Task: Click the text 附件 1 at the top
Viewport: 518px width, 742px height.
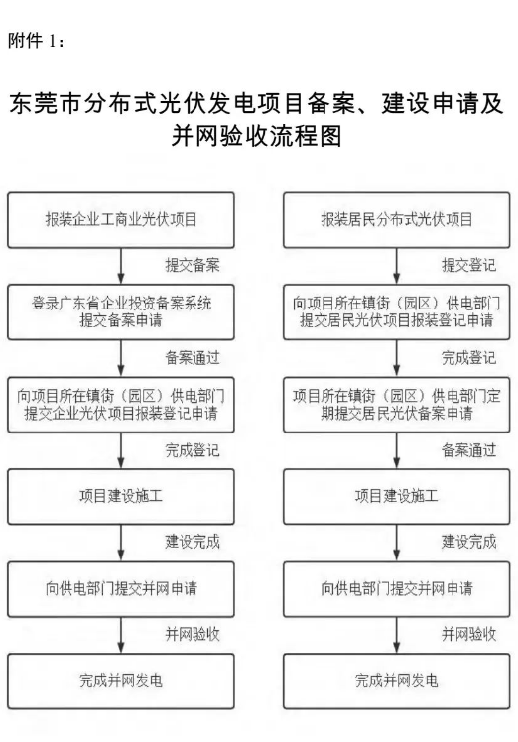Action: click(x=32, y=41)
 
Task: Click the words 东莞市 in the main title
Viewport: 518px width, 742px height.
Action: click(x=46, y=103)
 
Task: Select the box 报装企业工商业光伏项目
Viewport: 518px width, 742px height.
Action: click(x=121, y=220)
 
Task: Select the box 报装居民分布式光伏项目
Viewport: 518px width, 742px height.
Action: click(x=397, y=220)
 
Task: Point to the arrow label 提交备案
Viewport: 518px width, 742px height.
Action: click(x=193, y=265)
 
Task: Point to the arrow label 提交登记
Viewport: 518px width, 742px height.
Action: click(x=468, y=265)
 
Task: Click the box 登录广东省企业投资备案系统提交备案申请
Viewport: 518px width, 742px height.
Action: click(x=121, y=312)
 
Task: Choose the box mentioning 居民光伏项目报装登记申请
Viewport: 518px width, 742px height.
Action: click(x=397, y=312)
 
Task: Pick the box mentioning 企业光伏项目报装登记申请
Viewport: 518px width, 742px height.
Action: click(x=121, y=405)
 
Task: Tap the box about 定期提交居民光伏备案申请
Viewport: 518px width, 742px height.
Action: click(x=397, y=405)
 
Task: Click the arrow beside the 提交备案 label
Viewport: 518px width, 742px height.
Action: click(x=121, y=267)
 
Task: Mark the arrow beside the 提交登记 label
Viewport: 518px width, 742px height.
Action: click(x=397, y=267)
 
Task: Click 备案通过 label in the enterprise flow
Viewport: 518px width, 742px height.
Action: click(x=193, y=358)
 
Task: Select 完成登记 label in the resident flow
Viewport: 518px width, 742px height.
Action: click(x=468, y=358)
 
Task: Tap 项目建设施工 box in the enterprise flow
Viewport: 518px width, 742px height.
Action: click(x=121, y=497)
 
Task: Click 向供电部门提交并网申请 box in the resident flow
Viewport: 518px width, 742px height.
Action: click(x=397, y=589)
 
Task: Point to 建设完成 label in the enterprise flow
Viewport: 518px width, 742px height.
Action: click(x=193, y=542)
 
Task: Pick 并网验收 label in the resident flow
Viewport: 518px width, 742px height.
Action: click(x=468, y=634)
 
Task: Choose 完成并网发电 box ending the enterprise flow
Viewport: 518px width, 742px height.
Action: click(x=121, y=681)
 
